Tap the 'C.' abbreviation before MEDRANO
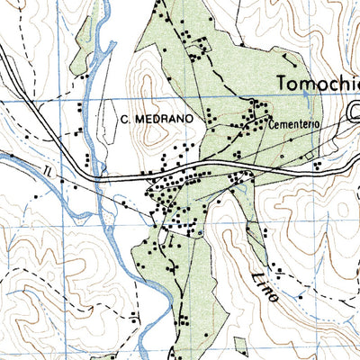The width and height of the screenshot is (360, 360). pyautogui.click(x=125, y=116)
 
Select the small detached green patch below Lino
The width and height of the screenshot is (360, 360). pyautogui.click(x=239, y=346)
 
